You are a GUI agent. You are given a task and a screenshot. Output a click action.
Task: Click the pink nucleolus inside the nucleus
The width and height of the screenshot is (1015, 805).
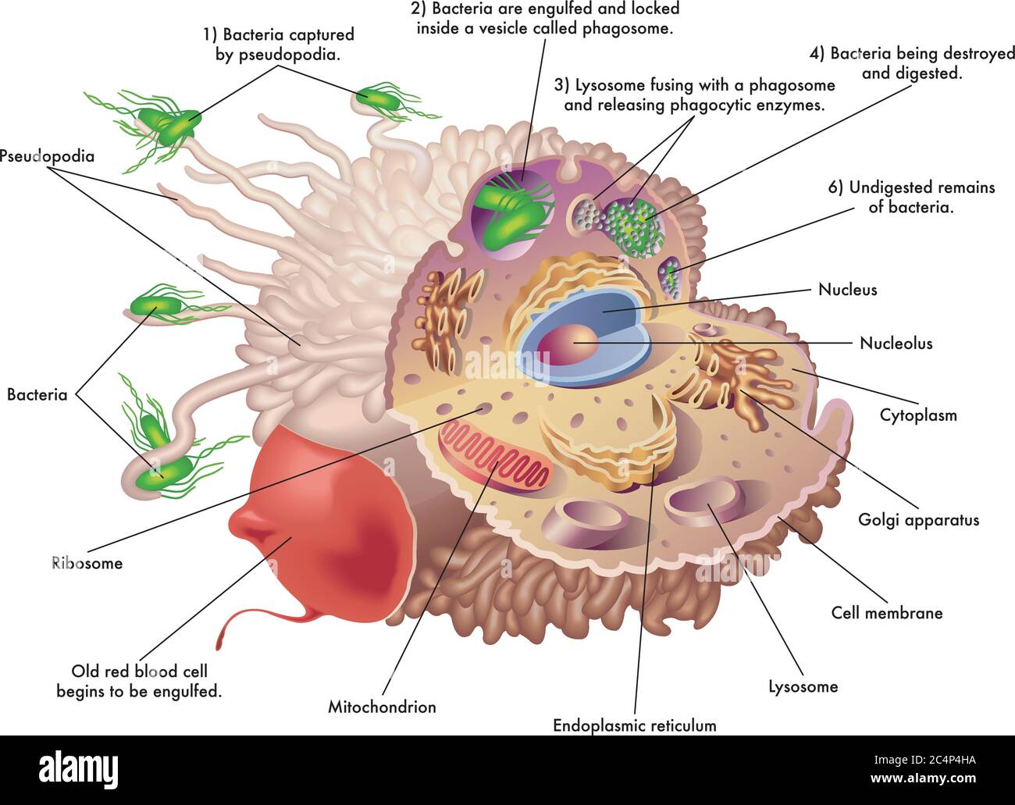click(568, 344)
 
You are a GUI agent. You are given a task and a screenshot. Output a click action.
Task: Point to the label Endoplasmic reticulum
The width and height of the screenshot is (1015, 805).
click(634, 725)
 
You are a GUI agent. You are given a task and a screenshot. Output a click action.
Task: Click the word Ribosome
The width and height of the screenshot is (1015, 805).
click(87, 563)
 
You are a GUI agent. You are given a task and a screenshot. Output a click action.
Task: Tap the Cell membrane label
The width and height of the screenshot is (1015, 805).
click(887, 613)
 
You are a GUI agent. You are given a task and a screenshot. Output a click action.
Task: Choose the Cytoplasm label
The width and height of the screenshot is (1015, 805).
click(918, 415)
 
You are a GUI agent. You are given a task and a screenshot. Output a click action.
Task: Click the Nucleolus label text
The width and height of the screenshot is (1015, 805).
click(896, 343)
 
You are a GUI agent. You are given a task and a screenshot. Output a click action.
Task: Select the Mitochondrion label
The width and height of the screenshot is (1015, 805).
click(382, 707)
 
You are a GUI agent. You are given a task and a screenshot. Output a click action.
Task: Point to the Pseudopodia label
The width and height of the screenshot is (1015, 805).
click(47, 156)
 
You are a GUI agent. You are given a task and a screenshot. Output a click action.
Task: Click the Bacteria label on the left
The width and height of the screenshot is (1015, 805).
click(37, 394)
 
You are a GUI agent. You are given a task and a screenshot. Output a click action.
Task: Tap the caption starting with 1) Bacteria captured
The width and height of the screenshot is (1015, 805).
click(278, 45)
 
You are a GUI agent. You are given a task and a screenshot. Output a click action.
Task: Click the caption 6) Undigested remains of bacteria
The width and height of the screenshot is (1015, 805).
click(911, 198)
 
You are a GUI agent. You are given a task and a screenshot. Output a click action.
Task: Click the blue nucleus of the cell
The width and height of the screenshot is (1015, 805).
click(585, 332)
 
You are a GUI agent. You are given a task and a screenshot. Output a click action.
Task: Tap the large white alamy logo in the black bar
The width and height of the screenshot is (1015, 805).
click(78, 768)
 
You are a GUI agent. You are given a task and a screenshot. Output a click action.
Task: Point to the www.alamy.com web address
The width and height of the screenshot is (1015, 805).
click(923, 778)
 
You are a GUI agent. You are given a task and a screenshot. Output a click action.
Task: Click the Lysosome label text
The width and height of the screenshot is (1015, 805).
click(803, 686)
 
